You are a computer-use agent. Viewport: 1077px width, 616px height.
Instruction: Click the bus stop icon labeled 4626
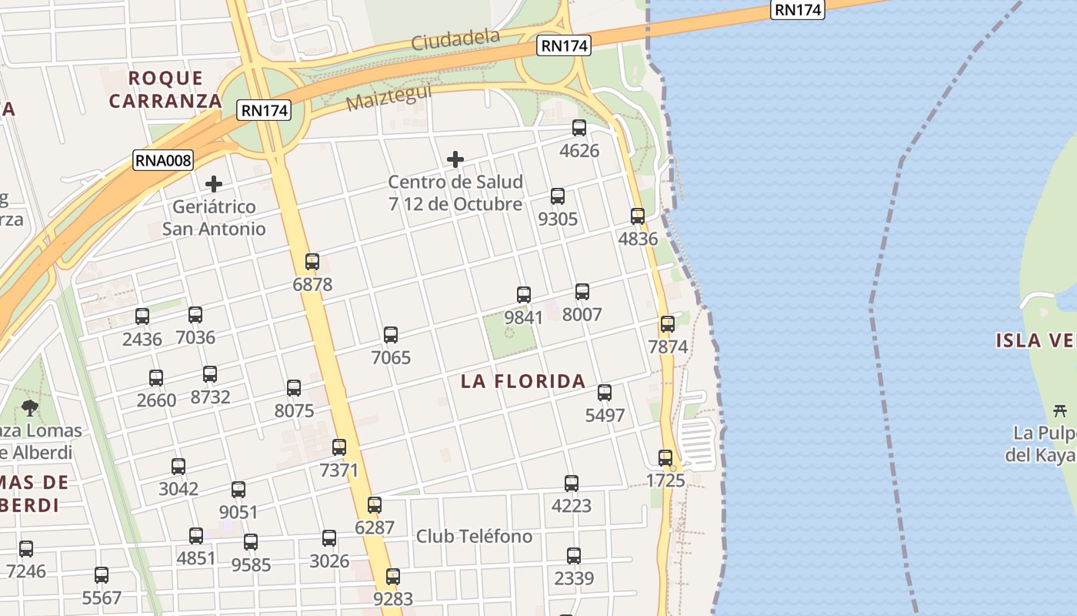click(x=579, y=128)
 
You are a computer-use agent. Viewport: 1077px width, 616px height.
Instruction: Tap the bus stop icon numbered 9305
click(x=558, y=196)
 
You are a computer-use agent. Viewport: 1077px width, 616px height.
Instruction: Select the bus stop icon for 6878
click(x=312, y=262)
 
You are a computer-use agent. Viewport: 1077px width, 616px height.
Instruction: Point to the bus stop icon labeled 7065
click(x=391, y=335)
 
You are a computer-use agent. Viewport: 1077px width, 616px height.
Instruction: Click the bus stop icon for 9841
click(x=524, y=294)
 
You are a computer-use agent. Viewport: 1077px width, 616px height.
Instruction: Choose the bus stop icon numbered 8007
click(x=582, y=292)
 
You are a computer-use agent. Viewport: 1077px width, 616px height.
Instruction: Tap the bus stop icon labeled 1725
click(x=665, y=458)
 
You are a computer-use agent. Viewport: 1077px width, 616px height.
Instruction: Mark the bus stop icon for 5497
click(x=605, y=393)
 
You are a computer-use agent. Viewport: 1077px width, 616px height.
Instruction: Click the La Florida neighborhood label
click(x=523, y=381)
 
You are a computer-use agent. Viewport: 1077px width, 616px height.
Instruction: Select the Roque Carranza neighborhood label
click(x=165, y=89)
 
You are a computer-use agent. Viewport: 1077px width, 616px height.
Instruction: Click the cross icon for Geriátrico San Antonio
click(x=214, y=184)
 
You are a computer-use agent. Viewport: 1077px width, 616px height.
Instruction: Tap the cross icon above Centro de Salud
click(x=455, y=159)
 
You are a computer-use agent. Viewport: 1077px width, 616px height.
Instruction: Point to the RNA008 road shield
click(x=163, y=160)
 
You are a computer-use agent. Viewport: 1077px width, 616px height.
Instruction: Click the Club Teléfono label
click(x=474, y=536)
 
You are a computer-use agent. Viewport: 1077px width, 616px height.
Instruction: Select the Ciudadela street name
click(x=455, y=39)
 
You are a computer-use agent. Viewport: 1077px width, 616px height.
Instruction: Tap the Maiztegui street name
click(x=388, y=98)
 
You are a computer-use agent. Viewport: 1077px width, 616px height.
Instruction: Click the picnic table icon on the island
click(x=1060, y=410)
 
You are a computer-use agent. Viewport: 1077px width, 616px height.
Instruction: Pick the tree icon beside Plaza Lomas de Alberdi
click(x=30, y=407)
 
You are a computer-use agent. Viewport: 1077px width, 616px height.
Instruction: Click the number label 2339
click(x=574, y=578)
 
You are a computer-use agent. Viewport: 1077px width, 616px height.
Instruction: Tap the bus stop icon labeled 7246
click(x=26, y=549)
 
